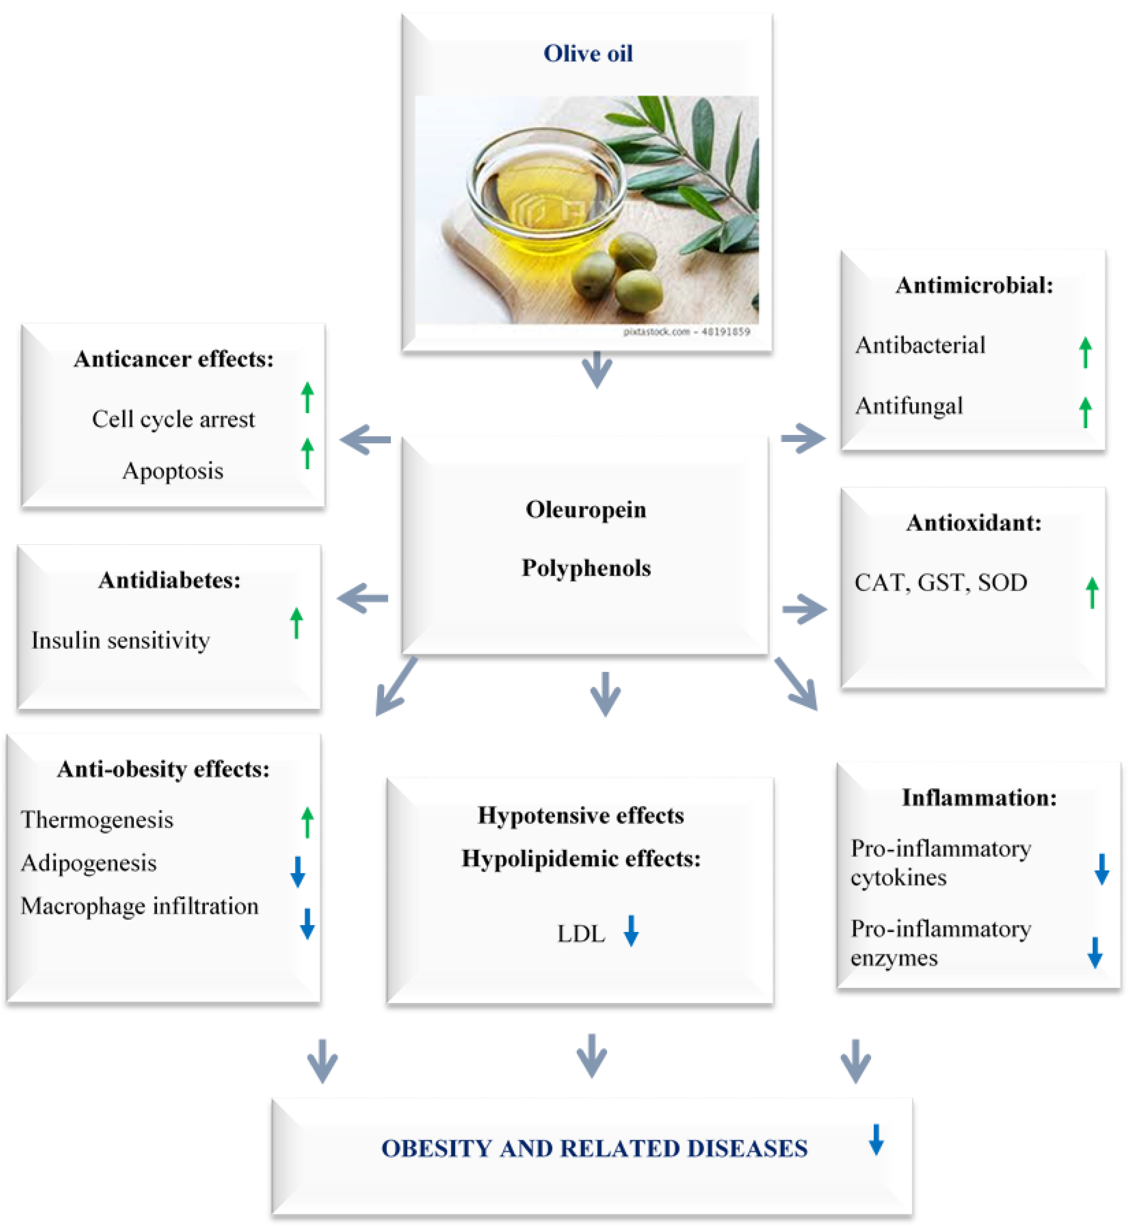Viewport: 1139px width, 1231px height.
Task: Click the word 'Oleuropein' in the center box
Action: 585,510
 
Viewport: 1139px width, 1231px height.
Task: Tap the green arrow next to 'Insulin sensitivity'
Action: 296,623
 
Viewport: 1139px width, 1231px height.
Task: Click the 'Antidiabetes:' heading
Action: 170,580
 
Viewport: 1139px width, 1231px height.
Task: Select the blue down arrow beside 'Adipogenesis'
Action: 298,872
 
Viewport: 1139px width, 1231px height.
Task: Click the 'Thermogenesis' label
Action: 97,820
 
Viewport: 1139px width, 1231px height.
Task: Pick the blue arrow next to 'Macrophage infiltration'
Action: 307,923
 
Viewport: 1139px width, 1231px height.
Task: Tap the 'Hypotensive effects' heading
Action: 581,816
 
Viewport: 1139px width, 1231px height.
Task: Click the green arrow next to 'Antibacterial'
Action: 1086,353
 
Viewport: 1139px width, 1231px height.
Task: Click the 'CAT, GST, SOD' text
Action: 940,582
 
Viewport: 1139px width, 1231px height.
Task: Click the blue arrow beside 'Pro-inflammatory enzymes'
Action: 1095,952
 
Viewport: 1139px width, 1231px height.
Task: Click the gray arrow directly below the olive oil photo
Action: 597,370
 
